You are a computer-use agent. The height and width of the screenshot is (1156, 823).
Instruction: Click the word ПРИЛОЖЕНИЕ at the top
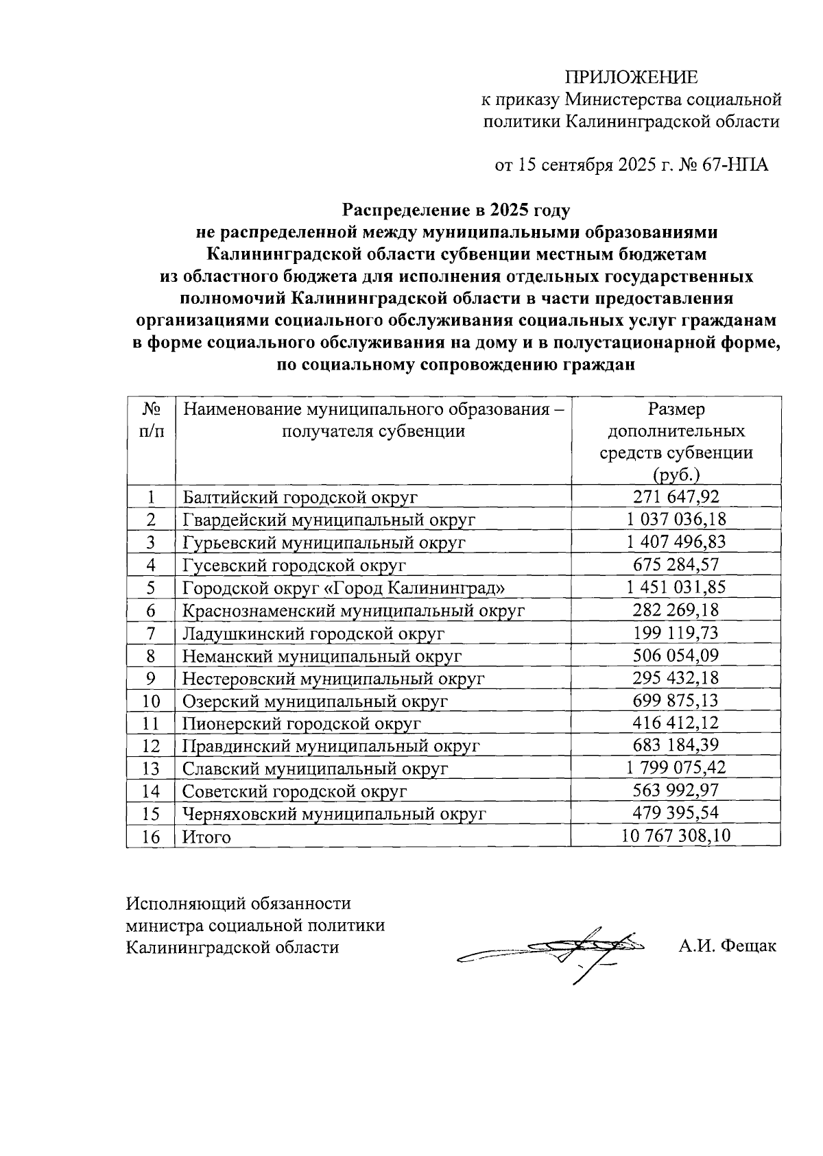(x=631, y=76)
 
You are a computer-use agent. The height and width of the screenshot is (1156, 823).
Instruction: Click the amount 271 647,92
(x=676, y=497)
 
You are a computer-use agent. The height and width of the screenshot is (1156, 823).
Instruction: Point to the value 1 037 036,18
(x=676, y=520)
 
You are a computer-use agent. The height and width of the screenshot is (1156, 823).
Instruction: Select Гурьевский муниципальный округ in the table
(x=324, y=542)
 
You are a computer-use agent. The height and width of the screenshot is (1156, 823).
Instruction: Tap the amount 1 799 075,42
(x=676, y=768)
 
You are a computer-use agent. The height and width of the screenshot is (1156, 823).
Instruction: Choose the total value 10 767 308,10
(x=676, y=836)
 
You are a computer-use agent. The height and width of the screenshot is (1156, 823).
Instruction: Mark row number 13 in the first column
(x=150, y=769)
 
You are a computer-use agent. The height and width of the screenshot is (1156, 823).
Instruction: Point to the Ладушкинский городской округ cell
(x=313, y=634)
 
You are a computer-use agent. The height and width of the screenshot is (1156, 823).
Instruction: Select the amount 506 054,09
(x=676, y=655)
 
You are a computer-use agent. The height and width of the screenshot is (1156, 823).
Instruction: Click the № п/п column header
(x=151, y=420)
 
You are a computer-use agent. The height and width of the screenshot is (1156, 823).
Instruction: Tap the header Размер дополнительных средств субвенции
(x=676, y=442)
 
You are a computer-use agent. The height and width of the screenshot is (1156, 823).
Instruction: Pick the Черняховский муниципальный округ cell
(x=334, y=814)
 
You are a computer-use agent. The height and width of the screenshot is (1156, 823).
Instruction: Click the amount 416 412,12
(x=676, y=723)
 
